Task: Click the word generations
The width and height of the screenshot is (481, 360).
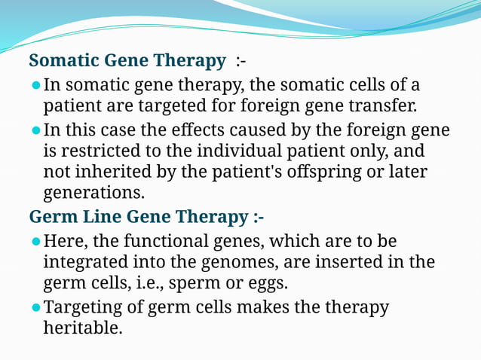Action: [x=93, y=193]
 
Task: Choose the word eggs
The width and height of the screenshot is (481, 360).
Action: [x=267, y=284]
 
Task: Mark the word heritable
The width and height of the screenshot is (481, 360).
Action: [x=82, y=328]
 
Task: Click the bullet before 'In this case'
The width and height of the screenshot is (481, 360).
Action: [x=35, y=130]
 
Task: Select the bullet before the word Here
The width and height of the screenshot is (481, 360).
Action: [x=35, y=243]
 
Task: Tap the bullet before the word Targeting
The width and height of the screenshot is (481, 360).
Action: [x=35, y=307]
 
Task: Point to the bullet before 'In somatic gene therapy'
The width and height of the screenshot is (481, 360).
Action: [x=35, y=84]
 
